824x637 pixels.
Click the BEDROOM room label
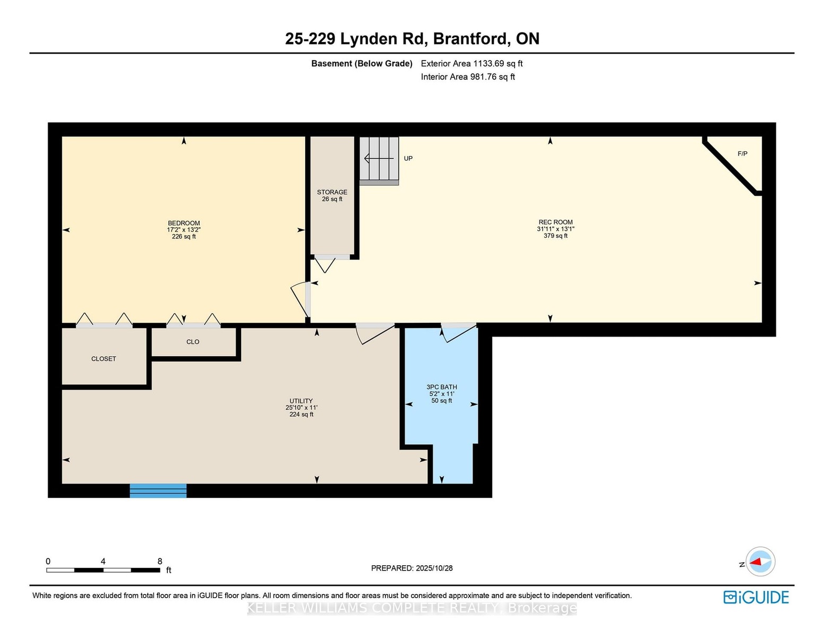click(x=184, y=223)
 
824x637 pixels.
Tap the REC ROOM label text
click(x=555, y=222)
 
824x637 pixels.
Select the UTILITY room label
click(x=301, y=401)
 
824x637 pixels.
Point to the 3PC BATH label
click(x=442, y=387)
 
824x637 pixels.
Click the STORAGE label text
click(x=332, y=192)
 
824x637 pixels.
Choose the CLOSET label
click(x=104, y=359)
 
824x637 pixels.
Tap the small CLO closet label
click(x=193, y=342)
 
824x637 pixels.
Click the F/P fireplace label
click(x=742, y=154)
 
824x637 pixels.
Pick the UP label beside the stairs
click(x=408, y=158)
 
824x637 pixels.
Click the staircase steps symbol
click(x=379, y=161)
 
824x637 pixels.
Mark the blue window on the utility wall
click(x=158, y=490)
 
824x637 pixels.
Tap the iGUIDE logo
click(x=756, y=597)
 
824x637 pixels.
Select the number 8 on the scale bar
click(x=160, y=561)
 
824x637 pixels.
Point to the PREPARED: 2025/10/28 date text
click(x=412, y=568)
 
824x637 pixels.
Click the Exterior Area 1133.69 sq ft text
click(x=471, y=64)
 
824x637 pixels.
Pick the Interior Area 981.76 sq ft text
click(x=468, y=77)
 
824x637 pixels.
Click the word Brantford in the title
click(x=470, y=39)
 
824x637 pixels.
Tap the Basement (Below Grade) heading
click(x=362, y=64)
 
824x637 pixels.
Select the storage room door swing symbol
click(x=325, y=264)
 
